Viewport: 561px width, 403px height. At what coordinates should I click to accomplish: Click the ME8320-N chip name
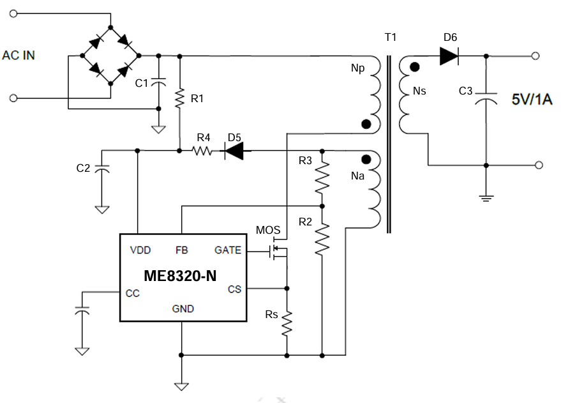coord(180,276)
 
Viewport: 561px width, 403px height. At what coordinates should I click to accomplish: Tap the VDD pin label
coord(140,250)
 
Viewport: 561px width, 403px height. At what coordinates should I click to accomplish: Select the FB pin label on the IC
coord(182,250)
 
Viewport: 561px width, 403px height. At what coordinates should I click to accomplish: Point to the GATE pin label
coord(228,250)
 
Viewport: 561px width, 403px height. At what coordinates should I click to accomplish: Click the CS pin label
coord(235,289)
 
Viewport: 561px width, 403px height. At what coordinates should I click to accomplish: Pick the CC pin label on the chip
coord(132,294)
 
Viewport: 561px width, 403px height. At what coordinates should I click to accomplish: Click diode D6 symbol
coord(449,56)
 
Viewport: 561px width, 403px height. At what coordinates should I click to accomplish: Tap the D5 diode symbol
coord(234,151)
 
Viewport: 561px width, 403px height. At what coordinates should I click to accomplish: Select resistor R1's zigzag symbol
coord(179,97)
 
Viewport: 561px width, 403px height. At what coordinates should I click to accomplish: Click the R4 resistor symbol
coord(202,151)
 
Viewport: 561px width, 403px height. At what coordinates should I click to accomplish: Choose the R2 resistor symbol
coord(322,239)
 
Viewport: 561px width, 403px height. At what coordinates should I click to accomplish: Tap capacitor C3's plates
coord(486,97)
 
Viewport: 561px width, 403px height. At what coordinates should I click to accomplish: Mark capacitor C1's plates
coord(159,82)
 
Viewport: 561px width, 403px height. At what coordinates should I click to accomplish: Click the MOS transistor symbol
coord(278,250)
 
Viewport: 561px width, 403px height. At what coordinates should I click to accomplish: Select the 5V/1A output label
coord(532,99)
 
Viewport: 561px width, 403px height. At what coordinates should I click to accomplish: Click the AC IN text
coord(19,56)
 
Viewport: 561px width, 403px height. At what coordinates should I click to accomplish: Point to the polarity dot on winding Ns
coord(415,67)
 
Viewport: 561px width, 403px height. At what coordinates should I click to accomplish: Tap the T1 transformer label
coord(391,37)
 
